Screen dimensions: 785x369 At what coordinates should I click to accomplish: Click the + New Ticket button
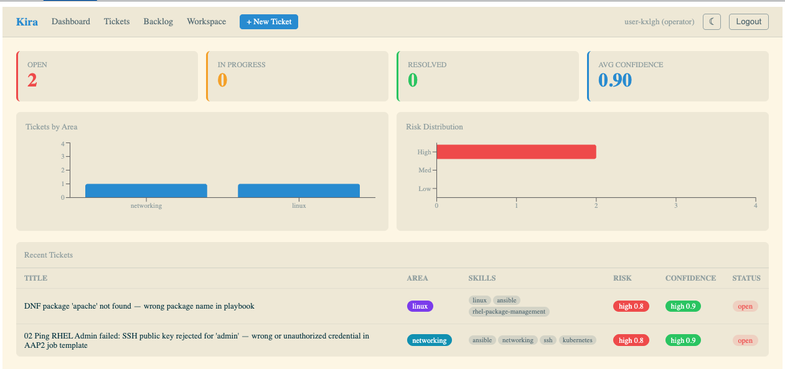point(269,22)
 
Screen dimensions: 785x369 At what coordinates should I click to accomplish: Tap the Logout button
point(748,22)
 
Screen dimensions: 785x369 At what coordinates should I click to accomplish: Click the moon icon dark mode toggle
point(712,22)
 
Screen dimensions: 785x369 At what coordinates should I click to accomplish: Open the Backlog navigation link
point(158,22)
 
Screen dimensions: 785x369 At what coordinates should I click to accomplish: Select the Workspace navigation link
point(207,22)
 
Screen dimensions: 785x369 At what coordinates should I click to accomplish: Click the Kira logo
point(27,22)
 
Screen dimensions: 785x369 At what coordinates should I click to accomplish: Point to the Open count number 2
point(32,80)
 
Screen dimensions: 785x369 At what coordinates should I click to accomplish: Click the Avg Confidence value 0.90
point(615,80)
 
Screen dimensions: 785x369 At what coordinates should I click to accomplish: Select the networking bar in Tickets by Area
point(146,190)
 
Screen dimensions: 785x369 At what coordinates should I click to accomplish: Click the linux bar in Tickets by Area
point(299,190)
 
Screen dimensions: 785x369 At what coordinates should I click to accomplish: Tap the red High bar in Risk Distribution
point(516,152)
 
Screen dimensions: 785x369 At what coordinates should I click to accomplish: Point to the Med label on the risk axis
point(425,170)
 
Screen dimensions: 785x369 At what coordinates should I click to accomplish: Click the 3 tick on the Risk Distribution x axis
point(675,205)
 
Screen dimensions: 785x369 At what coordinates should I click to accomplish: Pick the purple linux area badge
point(420,306)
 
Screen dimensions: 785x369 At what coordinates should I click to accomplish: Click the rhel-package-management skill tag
point(509,312)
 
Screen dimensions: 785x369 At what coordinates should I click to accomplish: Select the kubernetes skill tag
point(578,340)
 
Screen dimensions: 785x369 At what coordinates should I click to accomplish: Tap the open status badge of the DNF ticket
point(745,306)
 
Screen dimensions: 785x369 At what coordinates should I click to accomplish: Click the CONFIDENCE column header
point(690,278)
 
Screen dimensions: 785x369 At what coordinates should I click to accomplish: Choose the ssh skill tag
point(548,340)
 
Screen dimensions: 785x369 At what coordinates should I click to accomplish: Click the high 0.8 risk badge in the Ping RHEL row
point(631,340)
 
